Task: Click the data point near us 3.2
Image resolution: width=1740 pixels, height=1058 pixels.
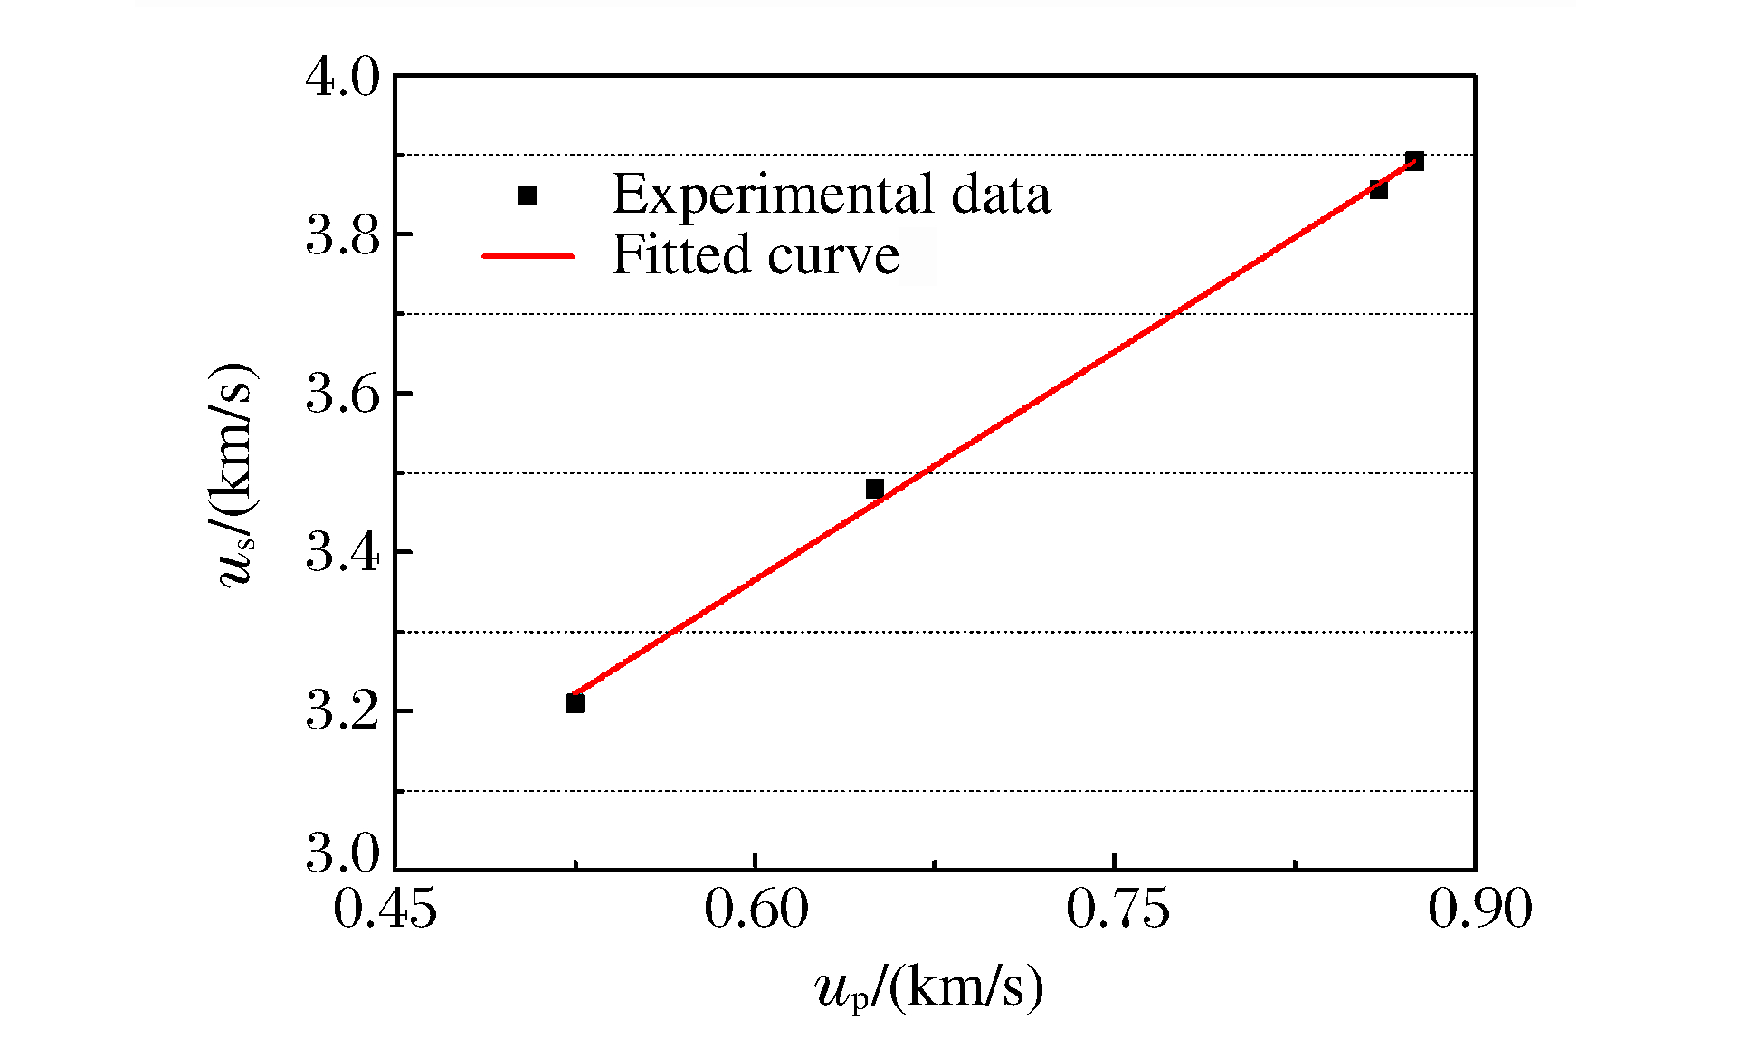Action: pos(575,703)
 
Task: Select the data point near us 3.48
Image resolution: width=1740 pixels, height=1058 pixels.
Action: pos(874,489)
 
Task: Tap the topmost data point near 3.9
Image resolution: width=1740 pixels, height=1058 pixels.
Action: pos(1415,162)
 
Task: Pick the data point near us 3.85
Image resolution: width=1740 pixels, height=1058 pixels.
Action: pos(1378,190)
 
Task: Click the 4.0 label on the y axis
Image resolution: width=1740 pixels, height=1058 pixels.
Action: pos(344,78)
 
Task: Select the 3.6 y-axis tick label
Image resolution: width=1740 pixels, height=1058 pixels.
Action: pos(344,395)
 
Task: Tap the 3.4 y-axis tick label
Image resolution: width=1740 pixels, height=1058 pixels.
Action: pos(344,553)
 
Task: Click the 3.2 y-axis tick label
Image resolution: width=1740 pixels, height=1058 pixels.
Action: pos(344,712)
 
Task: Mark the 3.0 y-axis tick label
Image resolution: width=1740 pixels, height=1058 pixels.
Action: pos(344,853)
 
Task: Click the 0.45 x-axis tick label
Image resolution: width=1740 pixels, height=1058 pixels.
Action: pos(385,909)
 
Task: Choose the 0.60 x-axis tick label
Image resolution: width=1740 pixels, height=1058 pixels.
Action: pos(756,909)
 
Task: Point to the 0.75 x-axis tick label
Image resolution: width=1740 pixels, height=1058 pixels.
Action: pos(1117,909)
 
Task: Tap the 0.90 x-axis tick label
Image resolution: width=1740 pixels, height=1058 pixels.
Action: pos(1480,909)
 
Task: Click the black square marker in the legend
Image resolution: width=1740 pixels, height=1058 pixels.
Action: pos(528,195)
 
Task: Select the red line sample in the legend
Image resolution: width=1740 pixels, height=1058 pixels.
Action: pos(528,256)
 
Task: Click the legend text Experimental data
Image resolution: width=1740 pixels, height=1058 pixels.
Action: pos(832,194)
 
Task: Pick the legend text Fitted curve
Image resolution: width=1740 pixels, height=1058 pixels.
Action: pos(756,254)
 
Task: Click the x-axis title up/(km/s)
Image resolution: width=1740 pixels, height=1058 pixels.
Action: pos(929,988)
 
